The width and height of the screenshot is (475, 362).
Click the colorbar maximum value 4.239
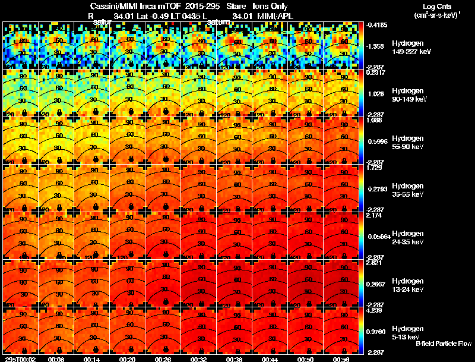(x=375, y=310)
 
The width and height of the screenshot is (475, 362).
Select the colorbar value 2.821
(x=375, y=262)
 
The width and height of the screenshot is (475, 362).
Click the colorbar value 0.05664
(x=378, y=236)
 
